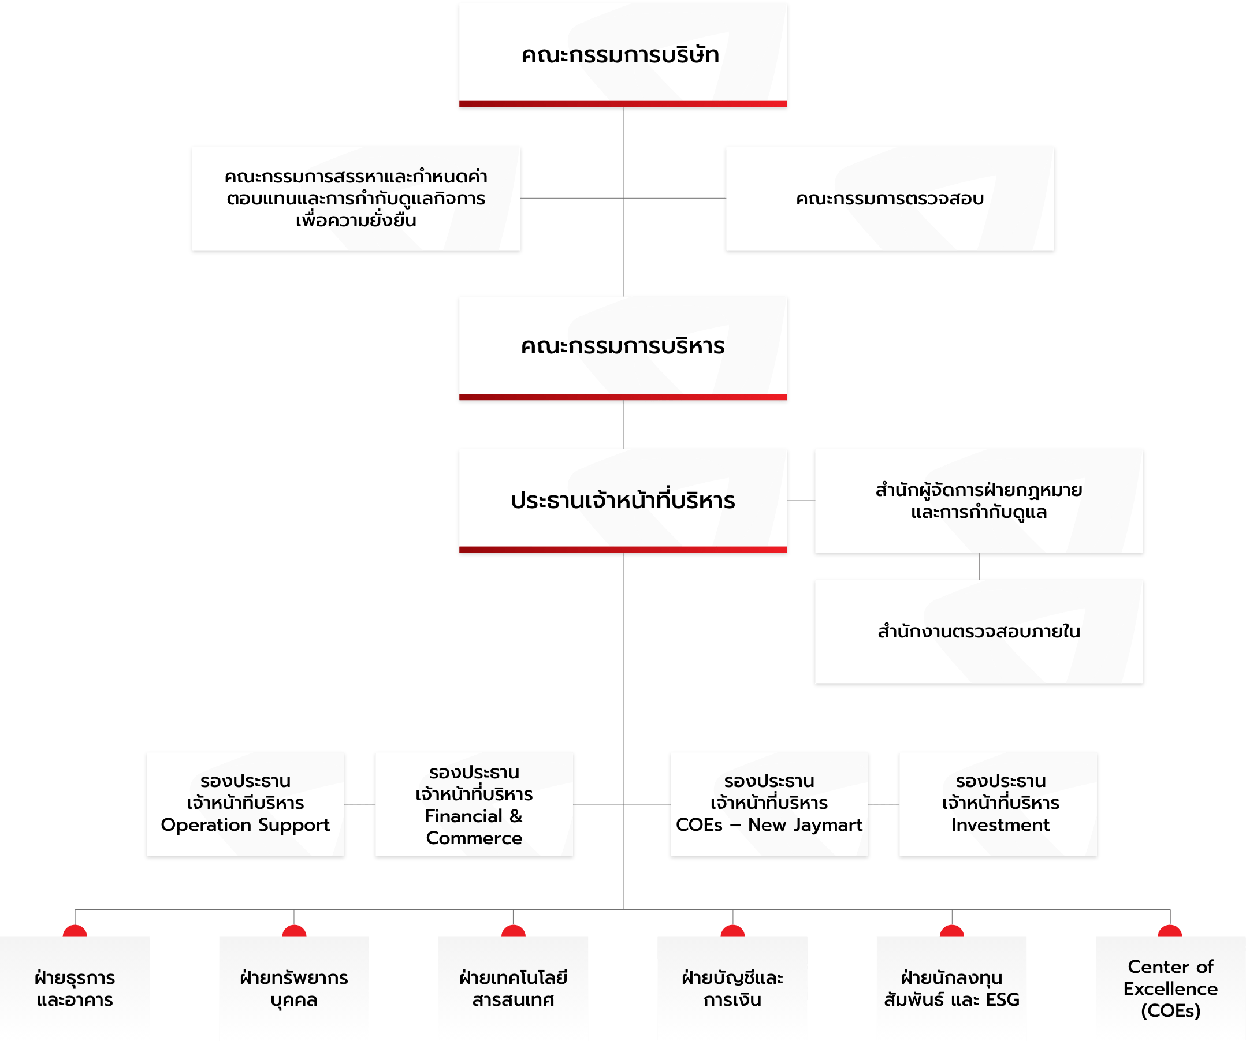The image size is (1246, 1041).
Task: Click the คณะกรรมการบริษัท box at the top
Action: click(x=623, y=55)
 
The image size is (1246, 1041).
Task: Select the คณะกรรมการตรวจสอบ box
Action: click(x=890, y=198)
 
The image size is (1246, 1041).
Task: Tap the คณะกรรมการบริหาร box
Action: click(x=623, y=348)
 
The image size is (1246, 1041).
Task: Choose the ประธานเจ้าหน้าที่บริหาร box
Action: click(x=623, y=501)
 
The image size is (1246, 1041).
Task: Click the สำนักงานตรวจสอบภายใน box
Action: click(x=979, y=631)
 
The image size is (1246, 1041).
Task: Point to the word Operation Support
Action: click(x=245, y=825)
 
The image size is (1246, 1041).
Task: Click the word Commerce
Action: click(x=474, y=838)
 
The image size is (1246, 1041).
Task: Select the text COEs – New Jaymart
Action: click(x=769, y=825)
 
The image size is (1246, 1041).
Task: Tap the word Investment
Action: click(x=1000, y=825)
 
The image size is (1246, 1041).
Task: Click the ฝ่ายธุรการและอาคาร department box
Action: click(x=75, y=988)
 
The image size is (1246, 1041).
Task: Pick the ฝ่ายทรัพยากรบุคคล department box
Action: click(x=293, y=988)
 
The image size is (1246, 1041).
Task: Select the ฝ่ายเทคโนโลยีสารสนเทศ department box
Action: click(x=513, y=988)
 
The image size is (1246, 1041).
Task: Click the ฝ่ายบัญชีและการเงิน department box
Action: click(x=732, y=988)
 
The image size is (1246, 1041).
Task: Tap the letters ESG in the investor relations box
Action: click(x=1002, y=1000)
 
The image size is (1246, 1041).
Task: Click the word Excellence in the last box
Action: click(x=1171, y=989)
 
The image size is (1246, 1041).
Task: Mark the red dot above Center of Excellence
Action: click(x=1170, y=931)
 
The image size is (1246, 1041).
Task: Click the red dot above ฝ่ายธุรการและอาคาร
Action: click(x=75, y=931)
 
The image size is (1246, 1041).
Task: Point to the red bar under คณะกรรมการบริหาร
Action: click(x=623, y=397)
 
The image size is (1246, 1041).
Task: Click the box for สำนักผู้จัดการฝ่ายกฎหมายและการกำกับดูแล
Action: click(x=979, y=501)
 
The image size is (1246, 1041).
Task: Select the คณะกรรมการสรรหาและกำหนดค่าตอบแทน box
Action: click(x=356, y=198)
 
